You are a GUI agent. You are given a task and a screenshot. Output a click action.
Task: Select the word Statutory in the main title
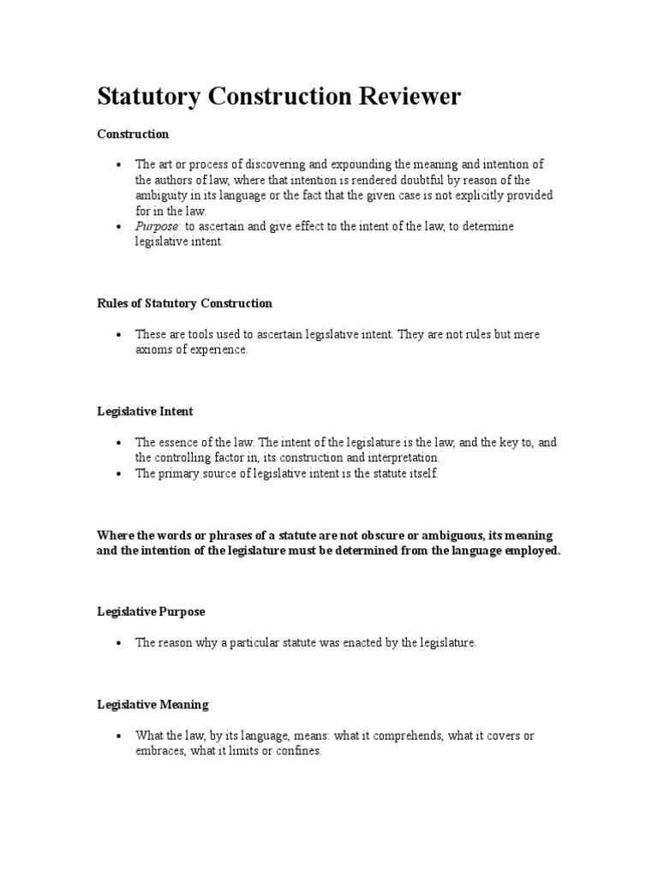pos(147,97)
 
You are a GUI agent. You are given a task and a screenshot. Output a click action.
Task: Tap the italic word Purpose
pos(157,226)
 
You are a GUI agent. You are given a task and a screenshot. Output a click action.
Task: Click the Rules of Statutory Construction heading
pos(184,303)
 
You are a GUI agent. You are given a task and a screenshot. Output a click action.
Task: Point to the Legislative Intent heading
pos(145,411)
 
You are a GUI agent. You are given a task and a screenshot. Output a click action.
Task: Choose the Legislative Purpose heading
pos(151,612)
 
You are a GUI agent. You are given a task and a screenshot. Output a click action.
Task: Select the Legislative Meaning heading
pos(153,704)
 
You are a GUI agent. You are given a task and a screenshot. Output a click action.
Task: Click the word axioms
pos(155,349)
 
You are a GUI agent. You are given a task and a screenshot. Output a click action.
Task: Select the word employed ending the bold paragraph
pos(528,551)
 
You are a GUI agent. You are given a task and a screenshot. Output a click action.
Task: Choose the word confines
pos(296,750)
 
